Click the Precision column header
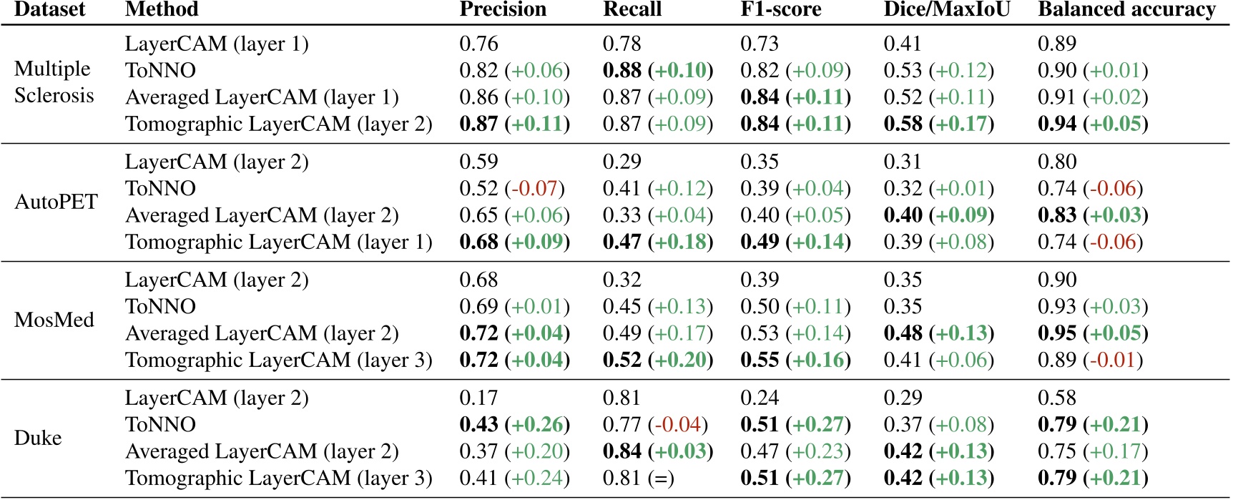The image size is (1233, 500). coord(502,9)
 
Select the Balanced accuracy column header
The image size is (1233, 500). coord(1126,9)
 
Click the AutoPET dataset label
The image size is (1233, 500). coord(56,202)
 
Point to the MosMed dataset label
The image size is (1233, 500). coord(54,320)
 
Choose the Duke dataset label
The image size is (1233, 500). coord(38,438)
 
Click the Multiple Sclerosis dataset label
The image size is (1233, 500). coord(54,82)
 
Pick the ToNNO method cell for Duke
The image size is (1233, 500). coord(160,425)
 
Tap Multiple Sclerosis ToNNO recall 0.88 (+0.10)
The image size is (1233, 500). coord(657,71)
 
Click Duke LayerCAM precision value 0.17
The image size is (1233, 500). coord(478,398)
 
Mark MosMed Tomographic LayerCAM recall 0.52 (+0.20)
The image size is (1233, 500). coord(657,360)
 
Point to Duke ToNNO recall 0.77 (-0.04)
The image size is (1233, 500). coord(654,425)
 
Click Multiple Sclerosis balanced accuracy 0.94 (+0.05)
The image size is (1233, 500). coord(1092,124)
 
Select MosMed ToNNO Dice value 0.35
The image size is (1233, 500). coord(903,307)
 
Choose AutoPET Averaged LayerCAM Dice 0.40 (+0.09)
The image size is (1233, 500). coord(938,215)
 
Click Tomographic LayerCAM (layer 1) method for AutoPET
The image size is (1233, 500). coord(278,242)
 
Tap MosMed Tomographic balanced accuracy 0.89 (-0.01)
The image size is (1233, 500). coord(1089,360)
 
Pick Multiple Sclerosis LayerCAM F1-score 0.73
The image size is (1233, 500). coord(759,44)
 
